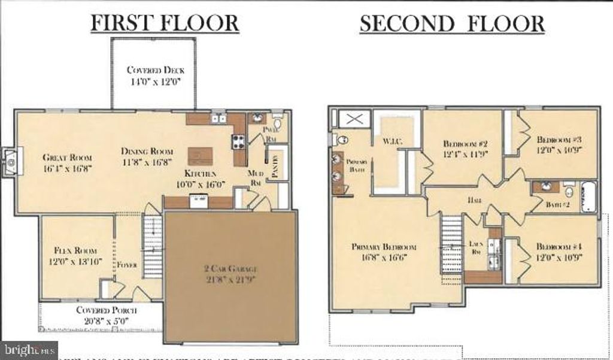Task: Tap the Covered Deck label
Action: (x=155, y=70)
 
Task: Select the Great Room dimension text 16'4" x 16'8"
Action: (x=66, y=168)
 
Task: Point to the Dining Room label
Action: (x=147, y=151)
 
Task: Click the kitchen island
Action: (x=200, y=156)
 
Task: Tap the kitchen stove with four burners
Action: (x=238, y=142)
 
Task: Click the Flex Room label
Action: (x=75, y=250)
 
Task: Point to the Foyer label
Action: (x=128, y=264)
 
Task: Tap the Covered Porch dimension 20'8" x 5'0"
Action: (x=107, y=320)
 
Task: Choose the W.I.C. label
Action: (x=392, y=141)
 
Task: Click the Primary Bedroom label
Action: (x=384, y=247)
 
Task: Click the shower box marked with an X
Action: (x=355, y=119)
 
